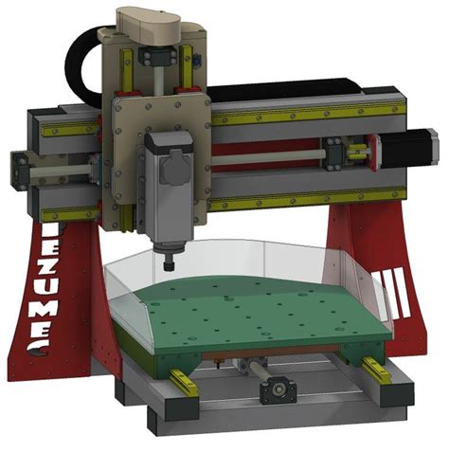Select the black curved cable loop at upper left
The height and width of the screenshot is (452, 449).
pos(83,57)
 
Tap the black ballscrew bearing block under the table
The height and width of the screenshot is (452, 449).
pos(278,386)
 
